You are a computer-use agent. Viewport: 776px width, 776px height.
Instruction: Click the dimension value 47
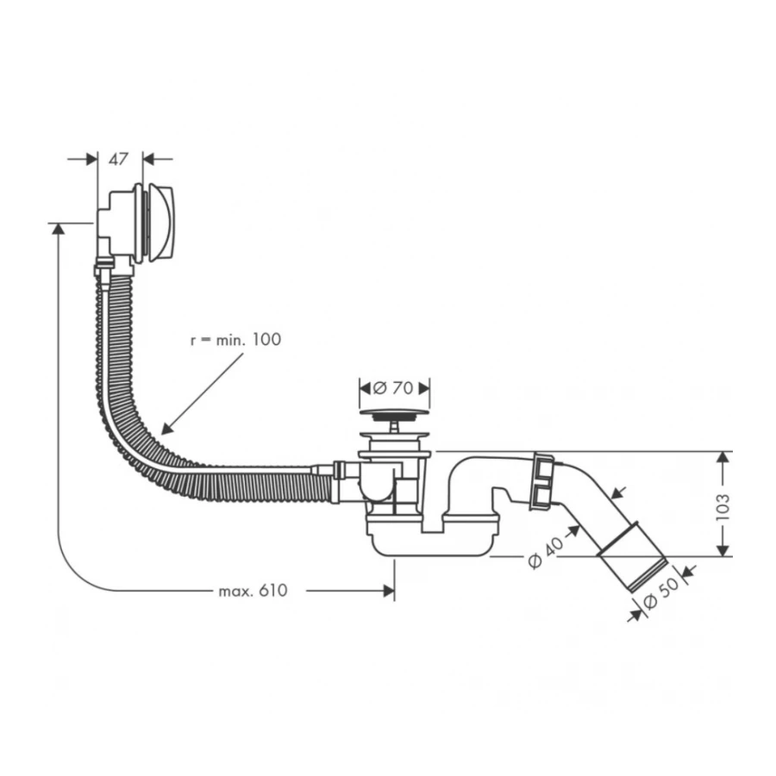pos(119,159)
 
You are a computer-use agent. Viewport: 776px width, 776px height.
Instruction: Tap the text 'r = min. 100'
pos(235,340)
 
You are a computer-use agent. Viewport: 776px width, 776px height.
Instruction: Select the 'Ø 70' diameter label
pos(395,387)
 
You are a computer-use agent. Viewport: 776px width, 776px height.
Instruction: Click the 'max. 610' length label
pos(253,591)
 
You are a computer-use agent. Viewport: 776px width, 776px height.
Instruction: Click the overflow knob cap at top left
pos(161,222)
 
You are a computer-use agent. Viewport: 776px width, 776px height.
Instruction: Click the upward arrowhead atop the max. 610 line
pos(58,228)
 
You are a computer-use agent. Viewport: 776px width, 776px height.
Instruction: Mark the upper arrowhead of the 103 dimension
pos(723,456)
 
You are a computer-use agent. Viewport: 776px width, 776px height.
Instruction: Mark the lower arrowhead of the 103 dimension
pos(723,551)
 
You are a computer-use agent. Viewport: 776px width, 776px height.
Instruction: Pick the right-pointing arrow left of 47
pos(90,159)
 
